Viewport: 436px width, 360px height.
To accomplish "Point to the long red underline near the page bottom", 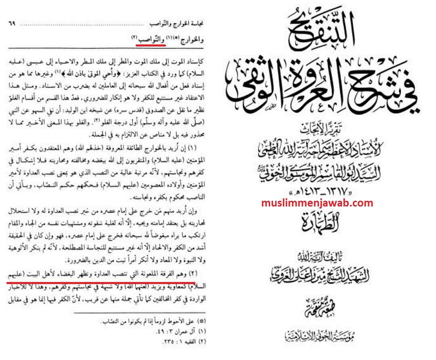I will pos(101,283).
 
